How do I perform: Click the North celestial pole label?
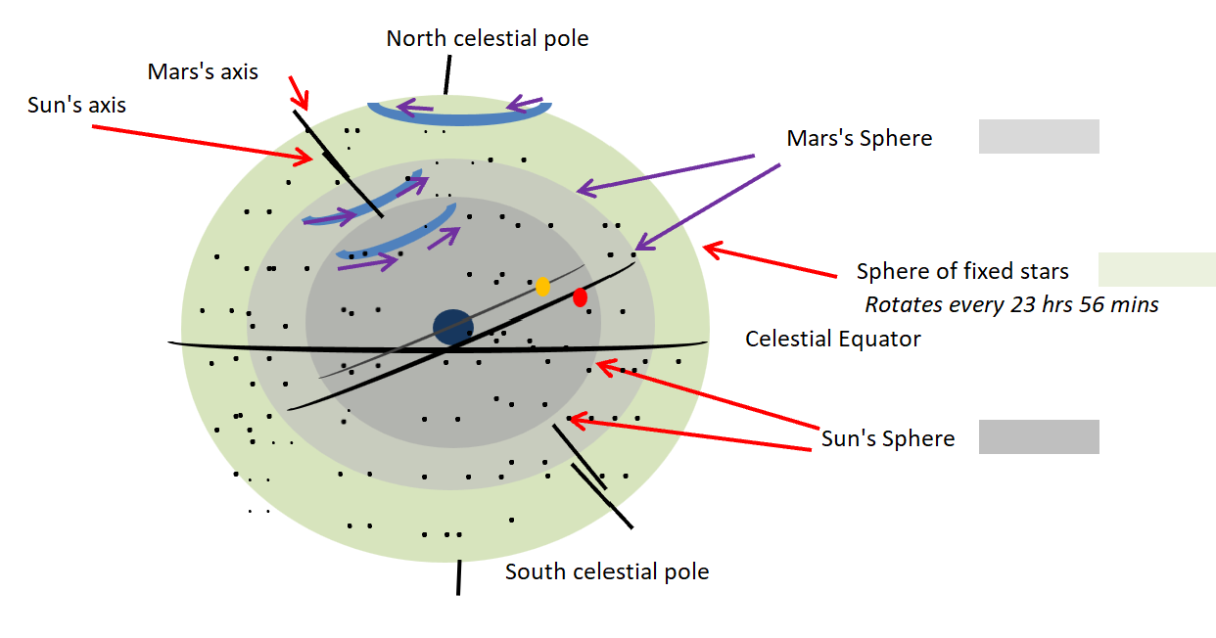487,39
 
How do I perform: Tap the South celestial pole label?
606,571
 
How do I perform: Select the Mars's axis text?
203,71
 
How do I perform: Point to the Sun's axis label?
76,105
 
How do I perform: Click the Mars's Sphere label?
859,139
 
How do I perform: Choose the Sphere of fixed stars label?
962,271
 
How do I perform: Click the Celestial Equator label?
832,339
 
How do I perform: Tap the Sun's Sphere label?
887,438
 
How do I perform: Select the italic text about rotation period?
1011,304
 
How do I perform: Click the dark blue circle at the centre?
453,327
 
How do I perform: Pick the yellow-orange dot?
542,287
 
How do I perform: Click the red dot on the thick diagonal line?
580,296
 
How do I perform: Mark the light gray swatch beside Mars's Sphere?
1039,137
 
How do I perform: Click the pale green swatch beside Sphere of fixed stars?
1156,269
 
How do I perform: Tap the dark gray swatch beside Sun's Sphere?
1039,436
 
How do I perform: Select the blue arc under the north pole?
458,116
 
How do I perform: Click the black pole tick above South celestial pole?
458,577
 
